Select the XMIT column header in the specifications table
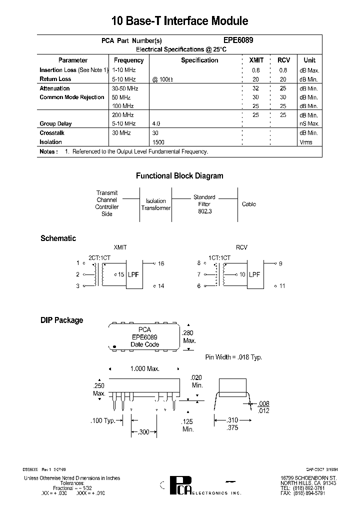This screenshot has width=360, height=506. pyautogui.click(x=256, y=60)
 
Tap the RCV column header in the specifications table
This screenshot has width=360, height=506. pyautogui.click(x=283, y=60)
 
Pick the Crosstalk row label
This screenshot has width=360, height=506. pyautogui.click(x=52, y=133)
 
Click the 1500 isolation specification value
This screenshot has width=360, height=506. pyautogui.click(x=158, y=142)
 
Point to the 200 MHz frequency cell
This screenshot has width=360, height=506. pyautogui.click(x=122, y=115)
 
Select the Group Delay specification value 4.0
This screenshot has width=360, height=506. pyautogui.click(x=156, y=123)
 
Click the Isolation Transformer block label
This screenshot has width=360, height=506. pyautogui.click(x=156, y=204)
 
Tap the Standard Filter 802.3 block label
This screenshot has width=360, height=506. pyautogui.click(x=204, y=204)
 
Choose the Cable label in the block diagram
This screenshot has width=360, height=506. pyautogui.click(x=248, y=204)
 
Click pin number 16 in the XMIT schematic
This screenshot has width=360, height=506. pyautogui.click(x=161, y=263)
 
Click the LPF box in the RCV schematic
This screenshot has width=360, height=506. pyautogui.click(x=254, y=274)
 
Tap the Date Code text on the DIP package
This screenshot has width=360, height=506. pyautogui.click(x=144, y=344)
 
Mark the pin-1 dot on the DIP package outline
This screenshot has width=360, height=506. pyautogui.click(x=115, y=346)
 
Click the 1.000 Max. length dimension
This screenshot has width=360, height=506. pyautogui.click(x=144, y=368)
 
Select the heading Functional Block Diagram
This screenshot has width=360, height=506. pyautogui.click(x=179, y=176)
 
